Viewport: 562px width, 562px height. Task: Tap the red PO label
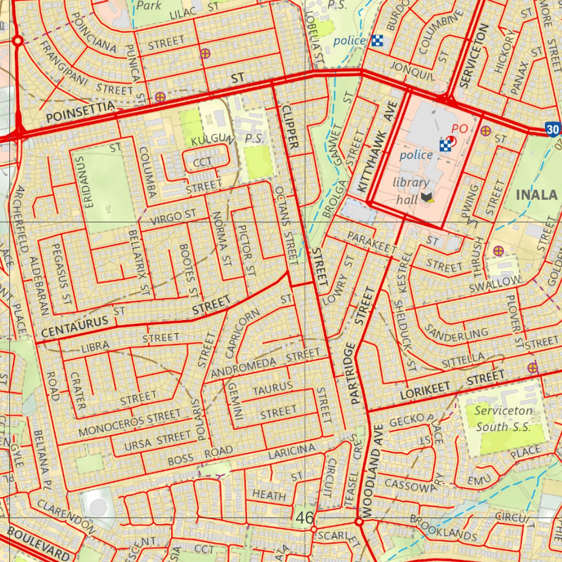pyautogui.click(x=459, y=128)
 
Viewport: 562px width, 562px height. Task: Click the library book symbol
pyautogui.click(x=426, y=197)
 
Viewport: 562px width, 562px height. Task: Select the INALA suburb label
pyautogui.click(x=536, y=195)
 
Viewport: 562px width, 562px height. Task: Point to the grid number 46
pyautogui.click(x=305, y=517)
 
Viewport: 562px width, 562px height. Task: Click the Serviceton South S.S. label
pyautogui.click(x=503, y=418)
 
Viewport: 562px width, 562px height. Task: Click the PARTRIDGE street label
pyautogui.click(x=352, y=374)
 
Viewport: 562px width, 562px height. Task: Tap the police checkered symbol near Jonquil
pyautogui.click(x=377, y=40)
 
